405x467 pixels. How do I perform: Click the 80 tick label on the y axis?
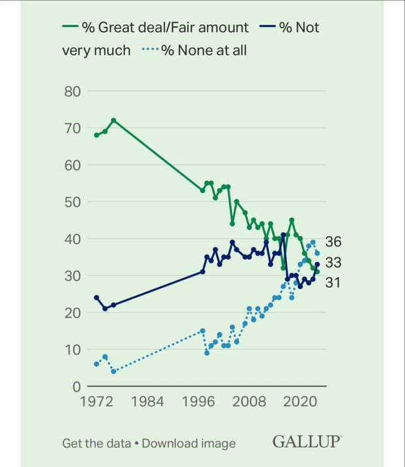(73, 92)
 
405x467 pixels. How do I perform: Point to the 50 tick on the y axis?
(73, 202)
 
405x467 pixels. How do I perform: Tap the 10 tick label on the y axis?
(73, 350)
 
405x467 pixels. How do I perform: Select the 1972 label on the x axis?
(95, 402)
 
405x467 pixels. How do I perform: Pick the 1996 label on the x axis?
(199, 402)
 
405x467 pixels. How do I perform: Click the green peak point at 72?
(113, 120)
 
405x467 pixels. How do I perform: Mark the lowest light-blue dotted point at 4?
(113, 372)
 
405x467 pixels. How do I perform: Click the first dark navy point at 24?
(96, 298)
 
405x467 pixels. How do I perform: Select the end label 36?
(333, 242)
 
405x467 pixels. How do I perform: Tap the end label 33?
(333, 263)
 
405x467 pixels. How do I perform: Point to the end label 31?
(333, 283)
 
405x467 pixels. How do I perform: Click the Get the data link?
(96, 443)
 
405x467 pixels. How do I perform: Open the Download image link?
(189, 443)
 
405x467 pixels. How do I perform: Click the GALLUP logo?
(307, 442)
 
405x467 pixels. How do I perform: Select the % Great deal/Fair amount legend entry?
(156, 27)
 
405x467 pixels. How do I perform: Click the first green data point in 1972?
(96, 135)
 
